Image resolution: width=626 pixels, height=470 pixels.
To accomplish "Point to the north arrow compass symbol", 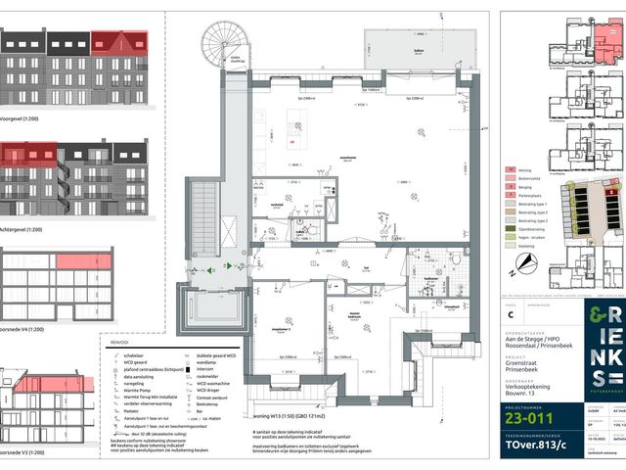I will click(x=528, y=262).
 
